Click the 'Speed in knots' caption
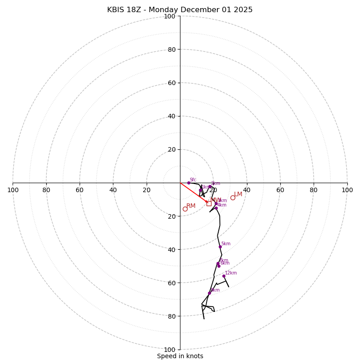pos(180,356)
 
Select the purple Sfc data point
pos(189,183)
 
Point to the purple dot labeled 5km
pos(220,247)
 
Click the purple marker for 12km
pos(224,276)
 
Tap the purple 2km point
pos(210,186)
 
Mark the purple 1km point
pos(201,190)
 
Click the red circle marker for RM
pos(185,209)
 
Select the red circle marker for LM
pos(233,198)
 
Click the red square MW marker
pos(209,203)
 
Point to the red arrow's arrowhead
pos(207,202)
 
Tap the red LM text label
pos(238,194)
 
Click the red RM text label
pos(191,206)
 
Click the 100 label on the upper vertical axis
pos(170,17)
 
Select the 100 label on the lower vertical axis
pos(170,350)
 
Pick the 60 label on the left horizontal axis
pos(80,190)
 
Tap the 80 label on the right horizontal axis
pos(314,190)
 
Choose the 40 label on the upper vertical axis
pos(171,116)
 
